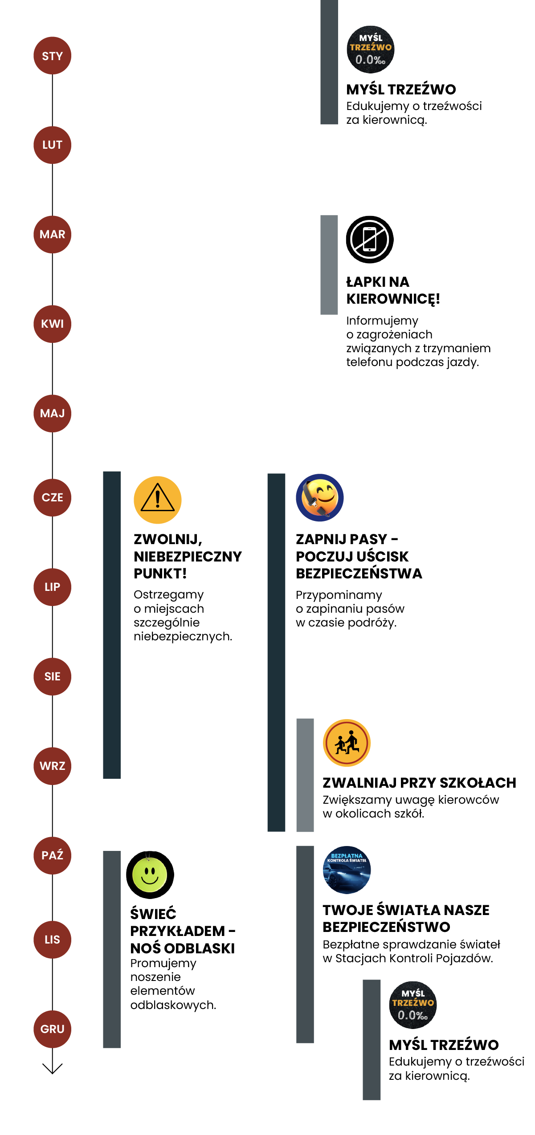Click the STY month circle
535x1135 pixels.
tap(52, 56)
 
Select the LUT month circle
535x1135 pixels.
tap(52, 145)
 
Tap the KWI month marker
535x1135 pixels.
tap(52, 324)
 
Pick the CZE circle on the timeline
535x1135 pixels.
tap(52, 497)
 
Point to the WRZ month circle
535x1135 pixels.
tap(52, 765)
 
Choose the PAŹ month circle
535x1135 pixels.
tap(52, 855)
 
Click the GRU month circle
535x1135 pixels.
tap(52, 1029)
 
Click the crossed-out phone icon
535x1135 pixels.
tap(370, 240)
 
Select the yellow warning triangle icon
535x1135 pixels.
tap(158, 500)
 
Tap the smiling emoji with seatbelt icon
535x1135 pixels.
tap(320, 497)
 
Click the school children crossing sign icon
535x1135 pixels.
tap(347, 743)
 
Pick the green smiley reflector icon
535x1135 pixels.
tap(150, 875)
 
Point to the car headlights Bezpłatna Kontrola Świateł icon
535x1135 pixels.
tap(347, 870)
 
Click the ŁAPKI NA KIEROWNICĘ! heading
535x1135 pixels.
tap(392, 290)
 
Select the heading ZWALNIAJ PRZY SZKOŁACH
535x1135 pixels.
tap(419, 782)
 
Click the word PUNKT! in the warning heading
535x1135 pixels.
tap(160, 573)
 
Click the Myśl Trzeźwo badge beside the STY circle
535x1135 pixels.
tap(371, 49)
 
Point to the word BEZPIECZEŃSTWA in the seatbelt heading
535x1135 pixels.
tap(359, 573)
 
